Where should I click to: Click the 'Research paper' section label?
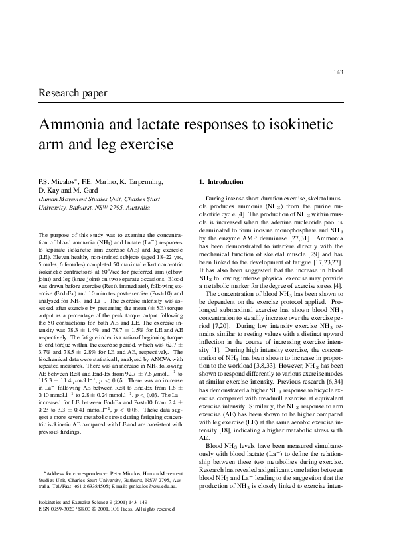pos(73,93)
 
